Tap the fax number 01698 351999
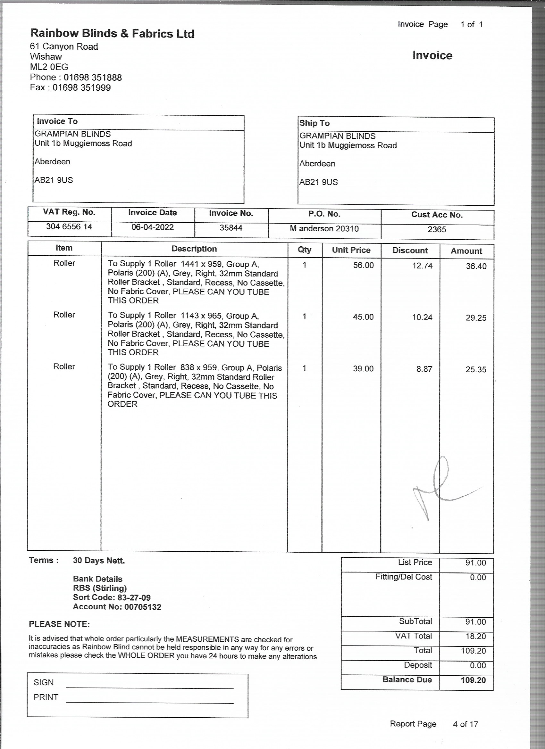[82, 88]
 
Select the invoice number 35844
[231, 228]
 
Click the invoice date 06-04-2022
[152, 227]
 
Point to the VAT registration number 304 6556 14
[69, 227]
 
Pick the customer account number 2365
[437, 229]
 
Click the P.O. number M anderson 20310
[324, 228]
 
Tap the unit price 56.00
[363, 266]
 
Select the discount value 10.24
[422, 317]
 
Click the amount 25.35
[476, 370]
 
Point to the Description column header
[194, 249]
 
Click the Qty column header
[304, 250]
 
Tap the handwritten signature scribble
[440, 485]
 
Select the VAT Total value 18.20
[476, 636]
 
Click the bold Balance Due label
[407, 680]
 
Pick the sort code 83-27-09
[134, 598]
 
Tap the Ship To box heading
[314, 123]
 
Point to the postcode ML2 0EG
[49, 67]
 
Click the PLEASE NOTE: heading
[59, 624]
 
